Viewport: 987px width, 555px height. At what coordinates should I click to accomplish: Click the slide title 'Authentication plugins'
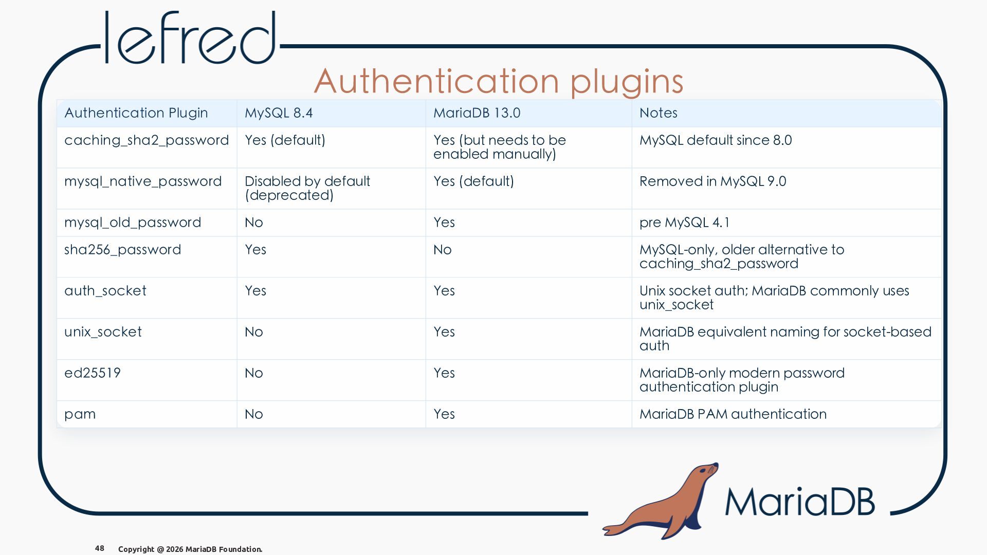coord(499,82)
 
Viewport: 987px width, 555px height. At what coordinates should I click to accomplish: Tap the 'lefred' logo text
coord(190,38)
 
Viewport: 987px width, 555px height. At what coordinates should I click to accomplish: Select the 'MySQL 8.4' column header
coord(279,113)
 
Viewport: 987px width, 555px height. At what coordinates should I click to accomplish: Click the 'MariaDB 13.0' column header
coord(477,113)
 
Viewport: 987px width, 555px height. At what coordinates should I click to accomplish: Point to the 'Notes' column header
coord(659,113)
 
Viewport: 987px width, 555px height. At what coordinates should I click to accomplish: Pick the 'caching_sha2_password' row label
coord(147,141)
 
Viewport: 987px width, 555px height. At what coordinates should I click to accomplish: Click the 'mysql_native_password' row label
coord(143,182)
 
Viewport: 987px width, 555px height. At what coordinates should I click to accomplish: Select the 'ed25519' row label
coord(93,373)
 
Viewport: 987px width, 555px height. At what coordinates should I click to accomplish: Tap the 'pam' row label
coord(80,415)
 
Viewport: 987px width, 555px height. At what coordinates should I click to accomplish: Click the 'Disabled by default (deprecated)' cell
coord(307,188)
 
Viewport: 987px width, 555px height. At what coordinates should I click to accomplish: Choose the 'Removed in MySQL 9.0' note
coord(713,181)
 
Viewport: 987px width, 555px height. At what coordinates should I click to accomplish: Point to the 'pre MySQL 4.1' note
coord(684,223)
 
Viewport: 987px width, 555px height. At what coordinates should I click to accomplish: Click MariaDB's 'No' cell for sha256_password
coord(443,250)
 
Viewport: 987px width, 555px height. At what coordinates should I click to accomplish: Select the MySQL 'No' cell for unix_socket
coord(254,332)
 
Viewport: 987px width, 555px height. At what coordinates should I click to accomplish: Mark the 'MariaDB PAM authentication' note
coord(733,414)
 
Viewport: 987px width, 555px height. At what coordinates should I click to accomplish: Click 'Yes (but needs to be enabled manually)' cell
coord(500,147)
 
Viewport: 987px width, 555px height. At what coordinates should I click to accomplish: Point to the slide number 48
coord(100,548)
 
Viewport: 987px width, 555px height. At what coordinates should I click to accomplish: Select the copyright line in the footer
coord(190,549)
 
